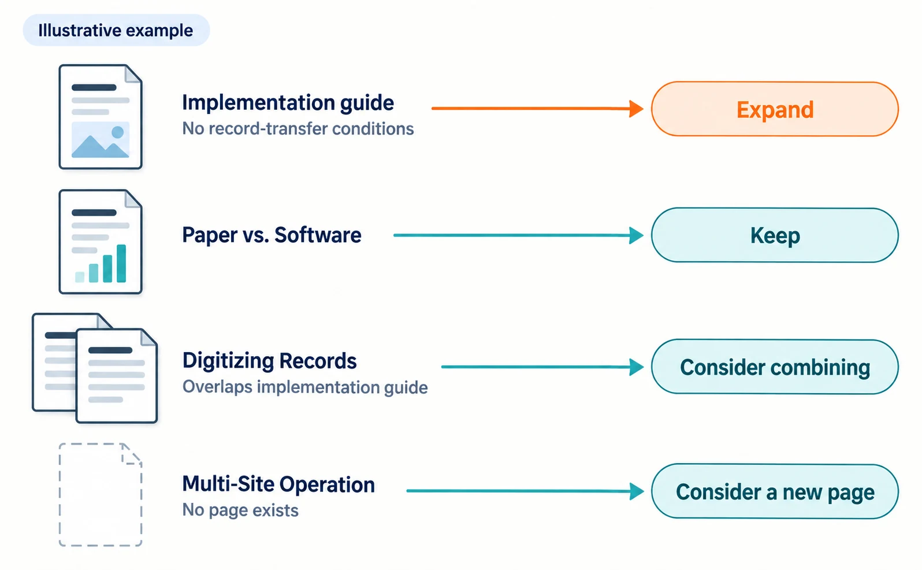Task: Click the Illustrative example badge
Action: tap(116, 30)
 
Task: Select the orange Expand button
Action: tap(775, 109)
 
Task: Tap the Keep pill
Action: tap(775, 235)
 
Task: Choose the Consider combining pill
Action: tap(775, 367)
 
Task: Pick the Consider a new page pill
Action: tap(775, 491)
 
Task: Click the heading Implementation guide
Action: tap(288, 103)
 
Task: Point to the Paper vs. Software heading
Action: tap(272, 235)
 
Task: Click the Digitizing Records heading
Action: tap(270, 361)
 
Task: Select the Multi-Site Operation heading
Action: tap(278, 484)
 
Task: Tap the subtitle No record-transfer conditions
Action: tap(298, 128)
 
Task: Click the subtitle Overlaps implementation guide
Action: tap(305, 387)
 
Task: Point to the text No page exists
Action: tap(240, 510)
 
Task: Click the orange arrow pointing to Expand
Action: tap(538, 109)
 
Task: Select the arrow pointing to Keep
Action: tap(519, 236)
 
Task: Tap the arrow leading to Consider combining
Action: tap(542, 367)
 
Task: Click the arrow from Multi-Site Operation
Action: tap(525, 491)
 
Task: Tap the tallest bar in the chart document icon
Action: tap(121, 264)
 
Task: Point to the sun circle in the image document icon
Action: tap(118, 132)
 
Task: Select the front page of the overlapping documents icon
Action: tap(117, 376)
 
